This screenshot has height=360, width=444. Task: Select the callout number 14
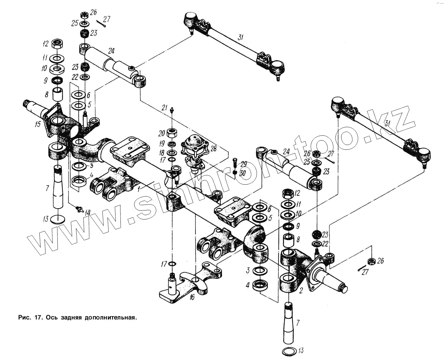[x=88, y=212]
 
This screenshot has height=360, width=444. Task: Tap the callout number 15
[x=37, y=124]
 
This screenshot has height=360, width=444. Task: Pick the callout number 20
[x=162, y=134]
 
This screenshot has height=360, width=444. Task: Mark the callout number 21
[x=165, y=107]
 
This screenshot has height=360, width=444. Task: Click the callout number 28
[x=213, y=148]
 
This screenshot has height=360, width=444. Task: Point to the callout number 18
[x=162, y=152]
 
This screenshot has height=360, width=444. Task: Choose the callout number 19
[x=162, y=143]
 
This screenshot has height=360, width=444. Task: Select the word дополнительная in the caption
[x=111, y=317]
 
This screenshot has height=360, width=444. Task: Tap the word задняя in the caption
[x=70, y=317]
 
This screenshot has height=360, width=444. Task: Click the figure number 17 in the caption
[x=37, y=317]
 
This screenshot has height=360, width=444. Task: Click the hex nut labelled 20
[x=172, y=134]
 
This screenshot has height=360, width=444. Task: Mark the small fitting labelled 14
[x=79, y=209]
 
